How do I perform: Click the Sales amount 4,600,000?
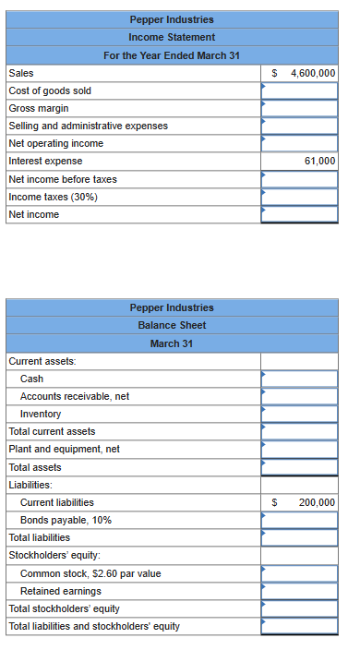(312, 73)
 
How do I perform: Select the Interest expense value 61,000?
(318, 162)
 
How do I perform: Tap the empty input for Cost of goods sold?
(299, 90)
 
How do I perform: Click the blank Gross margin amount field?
(299, 108)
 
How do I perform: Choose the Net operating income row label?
(55, 144)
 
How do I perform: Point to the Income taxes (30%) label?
(53, 197)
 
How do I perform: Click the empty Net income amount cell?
(299, 214)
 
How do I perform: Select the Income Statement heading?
(172, 37)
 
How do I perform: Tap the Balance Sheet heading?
(172, 325)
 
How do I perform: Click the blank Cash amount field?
(299, 379)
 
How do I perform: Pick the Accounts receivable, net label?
(75, 396)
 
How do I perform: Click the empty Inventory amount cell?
(299, 414)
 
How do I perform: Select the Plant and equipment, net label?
(64, 450)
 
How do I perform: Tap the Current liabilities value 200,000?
(317, 502)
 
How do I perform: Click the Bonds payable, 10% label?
(66, 520)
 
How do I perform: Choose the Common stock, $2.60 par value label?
(90, 573)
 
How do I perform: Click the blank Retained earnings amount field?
(299, 591)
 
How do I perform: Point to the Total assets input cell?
(299, 467)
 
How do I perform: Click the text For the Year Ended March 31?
(172, 55)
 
